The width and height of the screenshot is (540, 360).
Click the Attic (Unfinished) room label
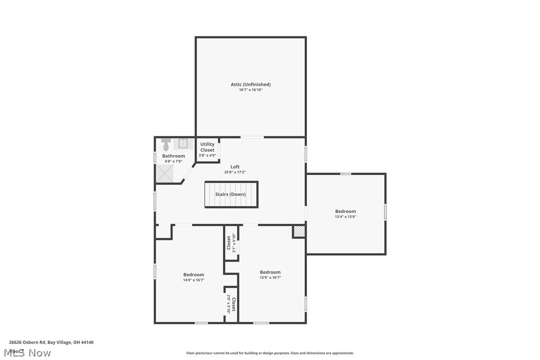click(x=251, y=85)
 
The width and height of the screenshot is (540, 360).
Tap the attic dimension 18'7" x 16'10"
click(x=251, y=90)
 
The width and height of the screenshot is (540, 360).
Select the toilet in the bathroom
click(x=166, y=145)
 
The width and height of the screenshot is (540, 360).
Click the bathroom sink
click(x=182, y=144)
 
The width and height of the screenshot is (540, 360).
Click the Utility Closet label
click(x=207, y=147)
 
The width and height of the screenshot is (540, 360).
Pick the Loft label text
click(x=235, y=167)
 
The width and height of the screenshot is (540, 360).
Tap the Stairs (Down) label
click(x=230, y=194)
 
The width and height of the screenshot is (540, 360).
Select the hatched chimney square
click(x=298, y=232)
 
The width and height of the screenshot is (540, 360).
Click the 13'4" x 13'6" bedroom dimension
click(x=346, y=217)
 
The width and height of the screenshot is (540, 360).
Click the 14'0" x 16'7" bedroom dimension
click(x=193, y=280)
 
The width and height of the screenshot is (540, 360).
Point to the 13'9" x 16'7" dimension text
click(x=270, y=277)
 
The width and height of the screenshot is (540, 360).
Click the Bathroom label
click(x=174, y=156)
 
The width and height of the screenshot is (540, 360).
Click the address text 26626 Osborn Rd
click(x=27, y=342)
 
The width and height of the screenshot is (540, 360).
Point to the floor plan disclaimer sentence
click(x=270, y=353)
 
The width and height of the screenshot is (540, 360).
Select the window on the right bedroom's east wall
click(x=385, y=212)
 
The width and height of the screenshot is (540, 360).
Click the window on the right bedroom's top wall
click(x=346, y=174)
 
